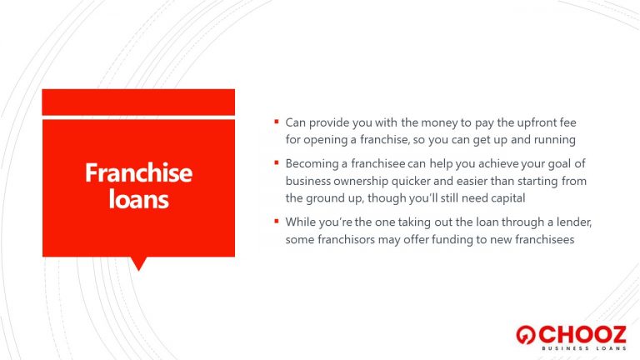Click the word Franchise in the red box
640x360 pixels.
[x=138, y=172]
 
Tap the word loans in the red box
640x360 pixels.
[x=139, y=199]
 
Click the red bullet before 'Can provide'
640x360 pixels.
[x=277, y=121]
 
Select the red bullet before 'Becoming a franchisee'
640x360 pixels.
[x=277, y=162]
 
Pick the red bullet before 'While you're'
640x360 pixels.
[x=277, y=221]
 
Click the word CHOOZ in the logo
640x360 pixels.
[x=582, y=335]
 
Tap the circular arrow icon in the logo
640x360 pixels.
[x=525, y=335]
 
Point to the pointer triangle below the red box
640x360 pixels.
[x=138, y=263]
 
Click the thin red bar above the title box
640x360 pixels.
[x=138, y=102]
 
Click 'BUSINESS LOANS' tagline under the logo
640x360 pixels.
[x=584, y=348]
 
